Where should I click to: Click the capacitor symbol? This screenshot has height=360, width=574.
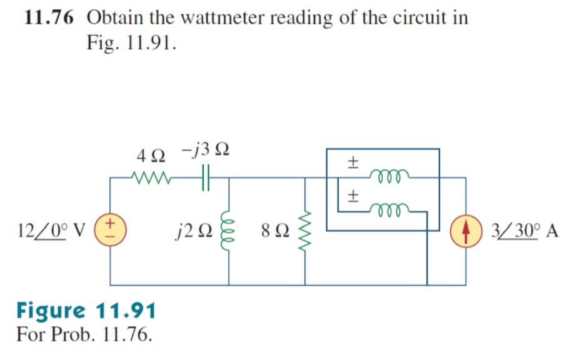[207, 178]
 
